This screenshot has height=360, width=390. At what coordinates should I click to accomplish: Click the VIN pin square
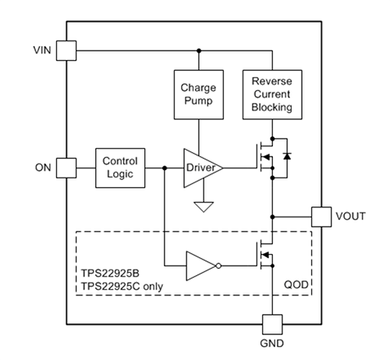tap(67, 51)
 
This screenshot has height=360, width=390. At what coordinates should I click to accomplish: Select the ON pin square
tap(67, 168)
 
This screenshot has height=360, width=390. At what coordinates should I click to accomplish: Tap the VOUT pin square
tap(321, 216)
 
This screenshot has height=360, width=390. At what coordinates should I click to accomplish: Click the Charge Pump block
tap(199, 94)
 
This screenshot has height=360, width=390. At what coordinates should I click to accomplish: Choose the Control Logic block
tap(119, 168)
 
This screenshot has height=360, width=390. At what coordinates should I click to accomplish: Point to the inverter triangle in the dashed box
tap(201, 266)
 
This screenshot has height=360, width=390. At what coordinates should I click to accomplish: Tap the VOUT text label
tap(350, 216)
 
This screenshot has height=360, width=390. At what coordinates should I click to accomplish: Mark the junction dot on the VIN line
tap(199, 51)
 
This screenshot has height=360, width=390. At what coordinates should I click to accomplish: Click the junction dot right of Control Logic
tap(165, 168)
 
